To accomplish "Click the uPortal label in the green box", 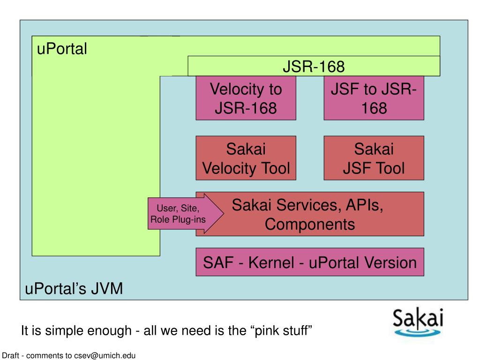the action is (x=62, y=49).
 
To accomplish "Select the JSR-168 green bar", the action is (x=314, y=66).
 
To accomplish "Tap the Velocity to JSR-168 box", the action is (x=246, y=98).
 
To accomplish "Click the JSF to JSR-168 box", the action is (x=374, y=98).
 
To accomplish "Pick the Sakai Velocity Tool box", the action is (x=246, y=158).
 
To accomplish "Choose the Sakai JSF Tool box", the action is (x=374, y=158).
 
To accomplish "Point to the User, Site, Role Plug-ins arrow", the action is (x=186, y=214).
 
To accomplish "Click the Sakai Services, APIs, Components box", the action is (x=310, y=214).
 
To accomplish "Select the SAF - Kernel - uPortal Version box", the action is (x=310, y=262).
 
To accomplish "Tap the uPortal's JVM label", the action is (x=74, y=288).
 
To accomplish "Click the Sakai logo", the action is (x=418, y=322).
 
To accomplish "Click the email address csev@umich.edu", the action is (x=105, y=355).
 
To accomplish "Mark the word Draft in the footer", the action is (x=10, y=355).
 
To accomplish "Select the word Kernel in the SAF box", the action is (x=271, y=262).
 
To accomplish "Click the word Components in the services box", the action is (x=310, y=224).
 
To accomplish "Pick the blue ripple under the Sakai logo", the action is (x=418, y=332).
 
